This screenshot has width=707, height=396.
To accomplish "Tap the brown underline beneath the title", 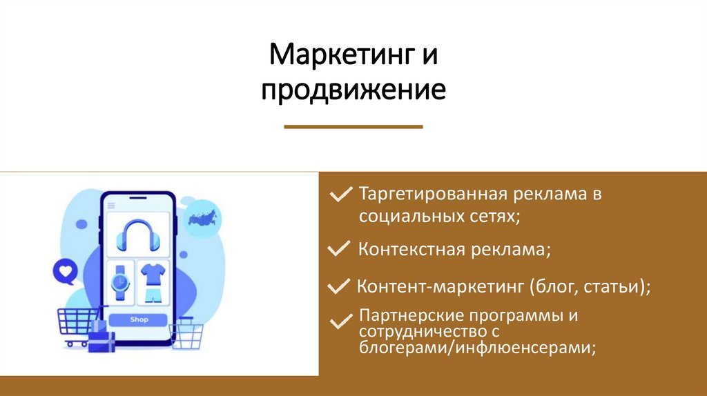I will click(x=353, y=127).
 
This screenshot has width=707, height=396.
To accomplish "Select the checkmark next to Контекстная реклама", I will click(x=339, y=249).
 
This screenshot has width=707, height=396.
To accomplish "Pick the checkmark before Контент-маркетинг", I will click(x=339, y=286).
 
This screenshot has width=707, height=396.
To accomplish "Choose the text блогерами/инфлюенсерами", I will click(x=476, y=349).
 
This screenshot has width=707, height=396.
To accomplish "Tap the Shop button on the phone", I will click(x=139, y=319).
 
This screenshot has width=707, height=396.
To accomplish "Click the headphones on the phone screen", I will click(x=139, y=235).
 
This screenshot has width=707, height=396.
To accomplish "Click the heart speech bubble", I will click(x=66, y=271).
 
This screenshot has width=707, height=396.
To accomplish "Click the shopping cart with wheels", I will click(x=77, y=326).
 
